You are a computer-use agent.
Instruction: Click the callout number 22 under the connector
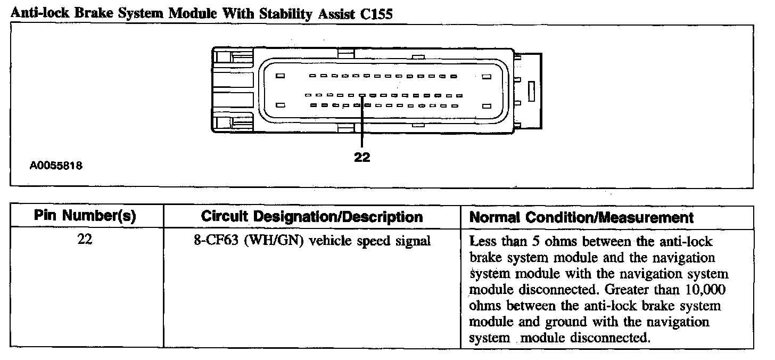361,157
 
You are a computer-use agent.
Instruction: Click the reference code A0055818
55,166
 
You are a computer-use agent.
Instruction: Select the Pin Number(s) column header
85,217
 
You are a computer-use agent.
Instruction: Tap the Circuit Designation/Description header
312,217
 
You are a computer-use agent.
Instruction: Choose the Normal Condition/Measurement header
582,217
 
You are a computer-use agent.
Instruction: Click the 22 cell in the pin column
85,240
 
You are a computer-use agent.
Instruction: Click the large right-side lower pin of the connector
485,105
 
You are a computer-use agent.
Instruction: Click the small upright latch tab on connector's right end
530,91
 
